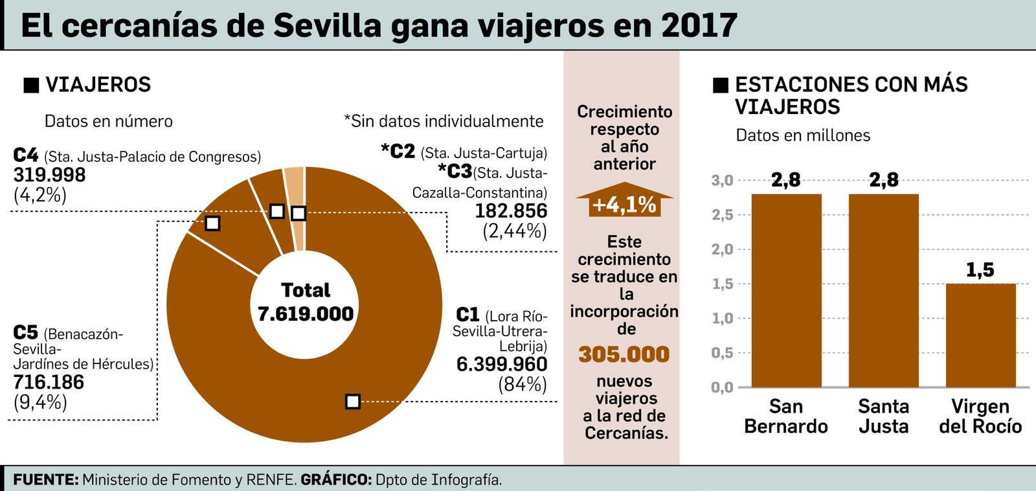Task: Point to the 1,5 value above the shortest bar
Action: [980, 269]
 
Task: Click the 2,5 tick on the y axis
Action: [723, 214]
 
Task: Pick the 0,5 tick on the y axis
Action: [723, 353]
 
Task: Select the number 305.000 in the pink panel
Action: [624, 354]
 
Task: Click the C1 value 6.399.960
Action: [502, 365]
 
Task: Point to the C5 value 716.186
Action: [49, 382]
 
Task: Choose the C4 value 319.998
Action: [49, 175]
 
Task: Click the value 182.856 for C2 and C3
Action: [511, 211]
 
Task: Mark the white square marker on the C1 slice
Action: [352, 402]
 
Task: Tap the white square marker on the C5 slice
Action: [212, 223]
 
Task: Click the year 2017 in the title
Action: [699, 26]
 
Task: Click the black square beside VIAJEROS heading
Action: [31, 86]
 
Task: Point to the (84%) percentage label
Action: [523, 385]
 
